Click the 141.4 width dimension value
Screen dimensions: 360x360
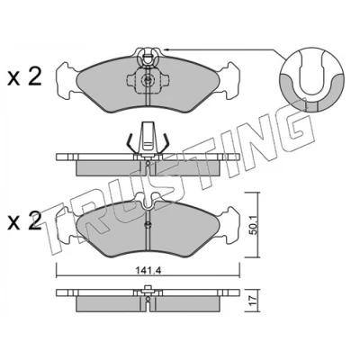148,271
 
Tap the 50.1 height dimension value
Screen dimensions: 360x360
254,228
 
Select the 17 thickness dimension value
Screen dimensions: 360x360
253,299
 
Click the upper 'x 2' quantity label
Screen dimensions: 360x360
24,77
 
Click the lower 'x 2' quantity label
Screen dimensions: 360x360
24,221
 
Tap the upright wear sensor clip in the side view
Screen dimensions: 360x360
148,137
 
